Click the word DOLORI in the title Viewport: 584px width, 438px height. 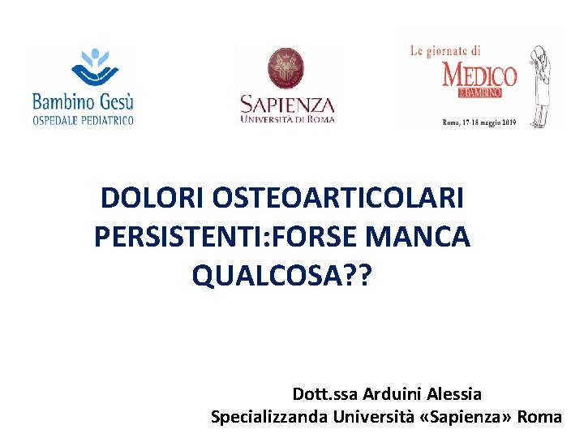point(151,197)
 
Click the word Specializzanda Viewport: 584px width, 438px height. point(269,417)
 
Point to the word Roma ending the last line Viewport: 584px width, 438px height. point(539,417)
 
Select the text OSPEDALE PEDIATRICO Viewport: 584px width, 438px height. point(83,120)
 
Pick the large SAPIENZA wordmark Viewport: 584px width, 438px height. point(287,105)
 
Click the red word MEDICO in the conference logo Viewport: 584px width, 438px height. point(479,75)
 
